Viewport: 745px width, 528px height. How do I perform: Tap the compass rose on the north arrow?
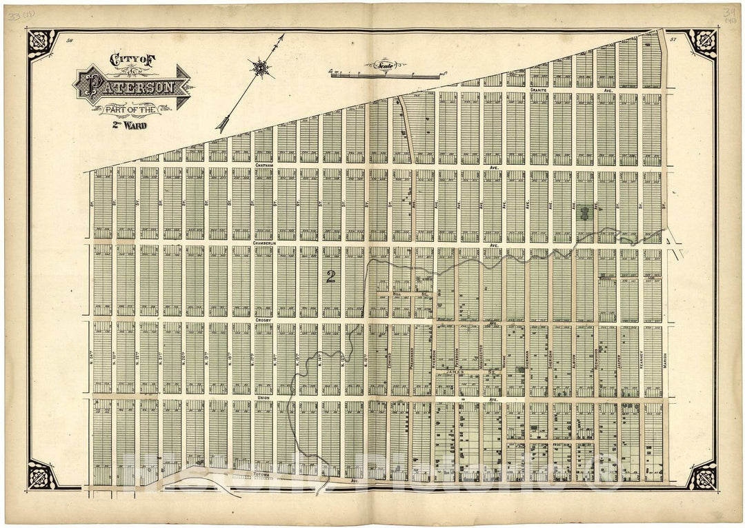261,68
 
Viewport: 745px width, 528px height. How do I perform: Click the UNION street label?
263,398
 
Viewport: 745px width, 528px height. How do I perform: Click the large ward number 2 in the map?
331,277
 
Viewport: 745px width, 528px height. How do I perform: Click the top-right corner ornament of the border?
701,43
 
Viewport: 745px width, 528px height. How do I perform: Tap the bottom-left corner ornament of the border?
41,476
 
